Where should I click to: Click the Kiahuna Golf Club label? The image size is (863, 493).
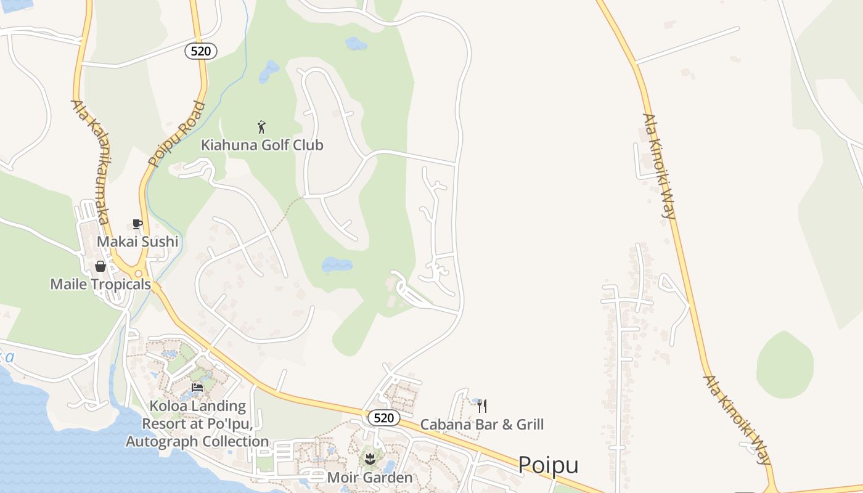(x=262, y=145)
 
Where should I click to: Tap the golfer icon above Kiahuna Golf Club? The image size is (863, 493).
(x=261, y=127)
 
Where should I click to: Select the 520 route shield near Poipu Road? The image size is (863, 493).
(x=201, y=51)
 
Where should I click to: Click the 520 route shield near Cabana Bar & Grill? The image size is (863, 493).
(x=383, y=418)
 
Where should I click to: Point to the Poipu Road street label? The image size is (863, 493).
(x=177, y=134)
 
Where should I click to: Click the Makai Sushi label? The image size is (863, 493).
(x=137, y=242)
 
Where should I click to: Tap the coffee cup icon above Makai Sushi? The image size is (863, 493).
(x=137, y=224)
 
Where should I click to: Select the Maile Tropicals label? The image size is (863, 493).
(x=100, y=284)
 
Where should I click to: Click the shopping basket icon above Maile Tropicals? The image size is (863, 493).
(x=100, y=266)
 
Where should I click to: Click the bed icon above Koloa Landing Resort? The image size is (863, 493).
(x=197, y=387)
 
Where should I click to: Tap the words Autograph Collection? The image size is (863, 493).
(x=197, y=441)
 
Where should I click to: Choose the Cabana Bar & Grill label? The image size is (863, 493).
(x=482, y=424)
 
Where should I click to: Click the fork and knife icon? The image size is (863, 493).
(x=482, y=405)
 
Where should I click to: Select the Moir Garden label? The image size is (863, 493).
(x=370, y=478)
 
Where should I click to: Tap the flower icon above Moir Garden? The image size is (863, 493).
(x=370, y=458)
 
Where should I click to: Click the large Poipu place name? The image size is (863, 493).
(x=548, y=465)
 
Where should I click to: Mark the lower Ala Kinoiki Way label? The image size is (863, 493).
(x=738, y=419)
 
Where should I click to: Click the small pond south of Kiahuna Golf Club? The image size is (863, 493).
(x=337, y=265)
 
